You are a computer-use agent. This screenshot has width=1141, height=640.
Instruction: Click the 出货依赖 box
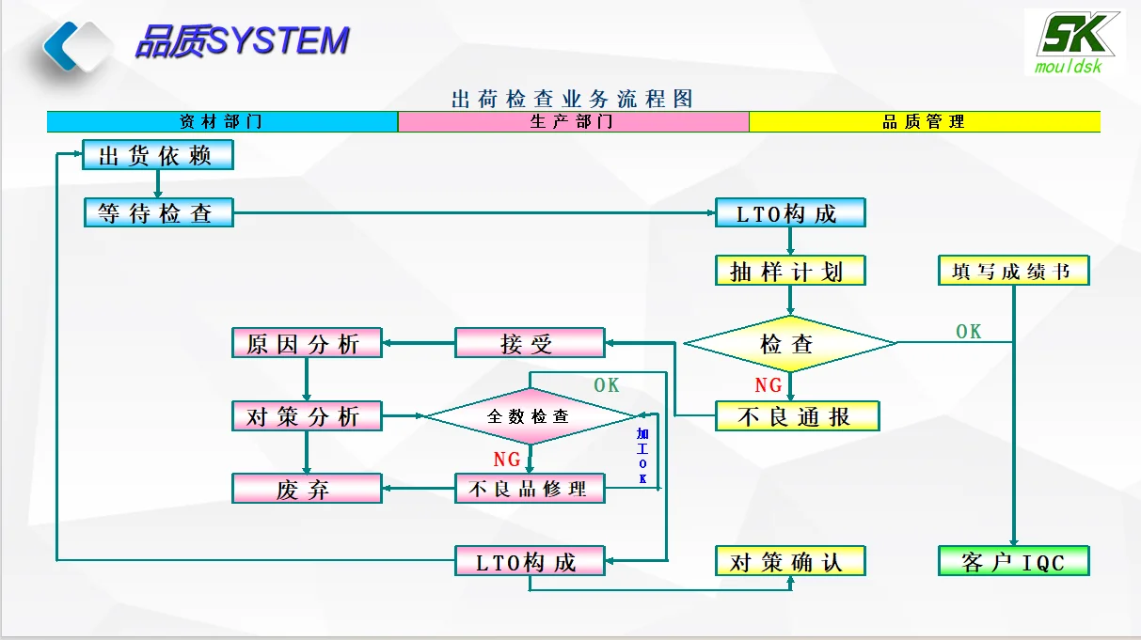[x=157, y=155]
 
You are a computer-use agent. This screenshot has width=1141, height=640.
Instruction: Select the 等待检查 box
[x=158, y=213]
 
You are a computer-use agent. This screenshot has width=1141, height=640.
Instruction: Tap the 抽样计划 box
[x=789, y=271]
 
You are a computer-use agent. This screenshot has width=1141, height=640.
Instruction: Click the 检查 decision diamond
[x=789, y=344]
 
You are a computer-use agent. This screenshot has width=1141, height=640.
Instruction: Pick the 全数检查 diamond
[x=529, y=415]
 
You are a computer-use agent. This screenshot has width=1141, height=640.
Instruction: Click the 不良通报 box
[x=797, y=416]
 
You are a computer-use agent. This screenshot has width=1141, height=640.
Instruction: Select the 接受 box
[x=530, y=343]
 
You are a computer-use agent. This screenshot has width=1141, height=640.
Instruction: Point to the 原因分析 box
[x=307, y=343]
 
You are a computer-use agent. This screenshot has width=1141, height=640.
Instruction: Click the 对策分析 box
[x=307, y=416]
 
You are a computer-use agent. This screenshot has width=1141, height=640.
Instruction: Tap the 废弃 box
[x=307, y=489]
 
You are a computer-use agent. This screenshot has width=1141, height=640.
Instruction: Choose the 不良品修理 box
[x=530, y=489]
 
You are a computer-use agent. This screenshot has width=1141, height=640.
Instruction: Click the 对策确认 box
[x=789, y=562]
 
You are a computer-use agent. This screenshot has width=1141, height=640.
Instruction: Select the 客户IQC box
[x=1013, y=562]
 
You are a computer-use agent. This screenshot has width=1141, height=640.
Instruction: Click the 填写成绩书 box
[x=1013, y=272]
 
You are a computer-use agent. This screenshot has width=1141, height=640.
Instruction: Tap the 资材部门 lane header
[x=222, y=122]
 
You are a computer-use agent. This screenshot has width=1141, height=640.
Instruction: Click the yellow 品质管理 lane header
[x=924, y=122]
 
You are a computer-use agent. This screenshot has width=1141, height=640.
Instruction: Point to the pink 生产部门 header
[x=573, y=122]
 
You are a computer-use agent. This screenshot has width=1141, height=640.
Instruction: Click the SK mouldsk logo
[x=1073, y=42]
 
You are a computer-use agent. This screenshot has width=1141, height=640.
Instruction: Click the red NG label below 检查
[x=769, y=385]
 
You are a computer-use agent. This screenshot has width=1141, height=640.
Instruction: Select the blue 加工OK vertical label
[x=642, y=456]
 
